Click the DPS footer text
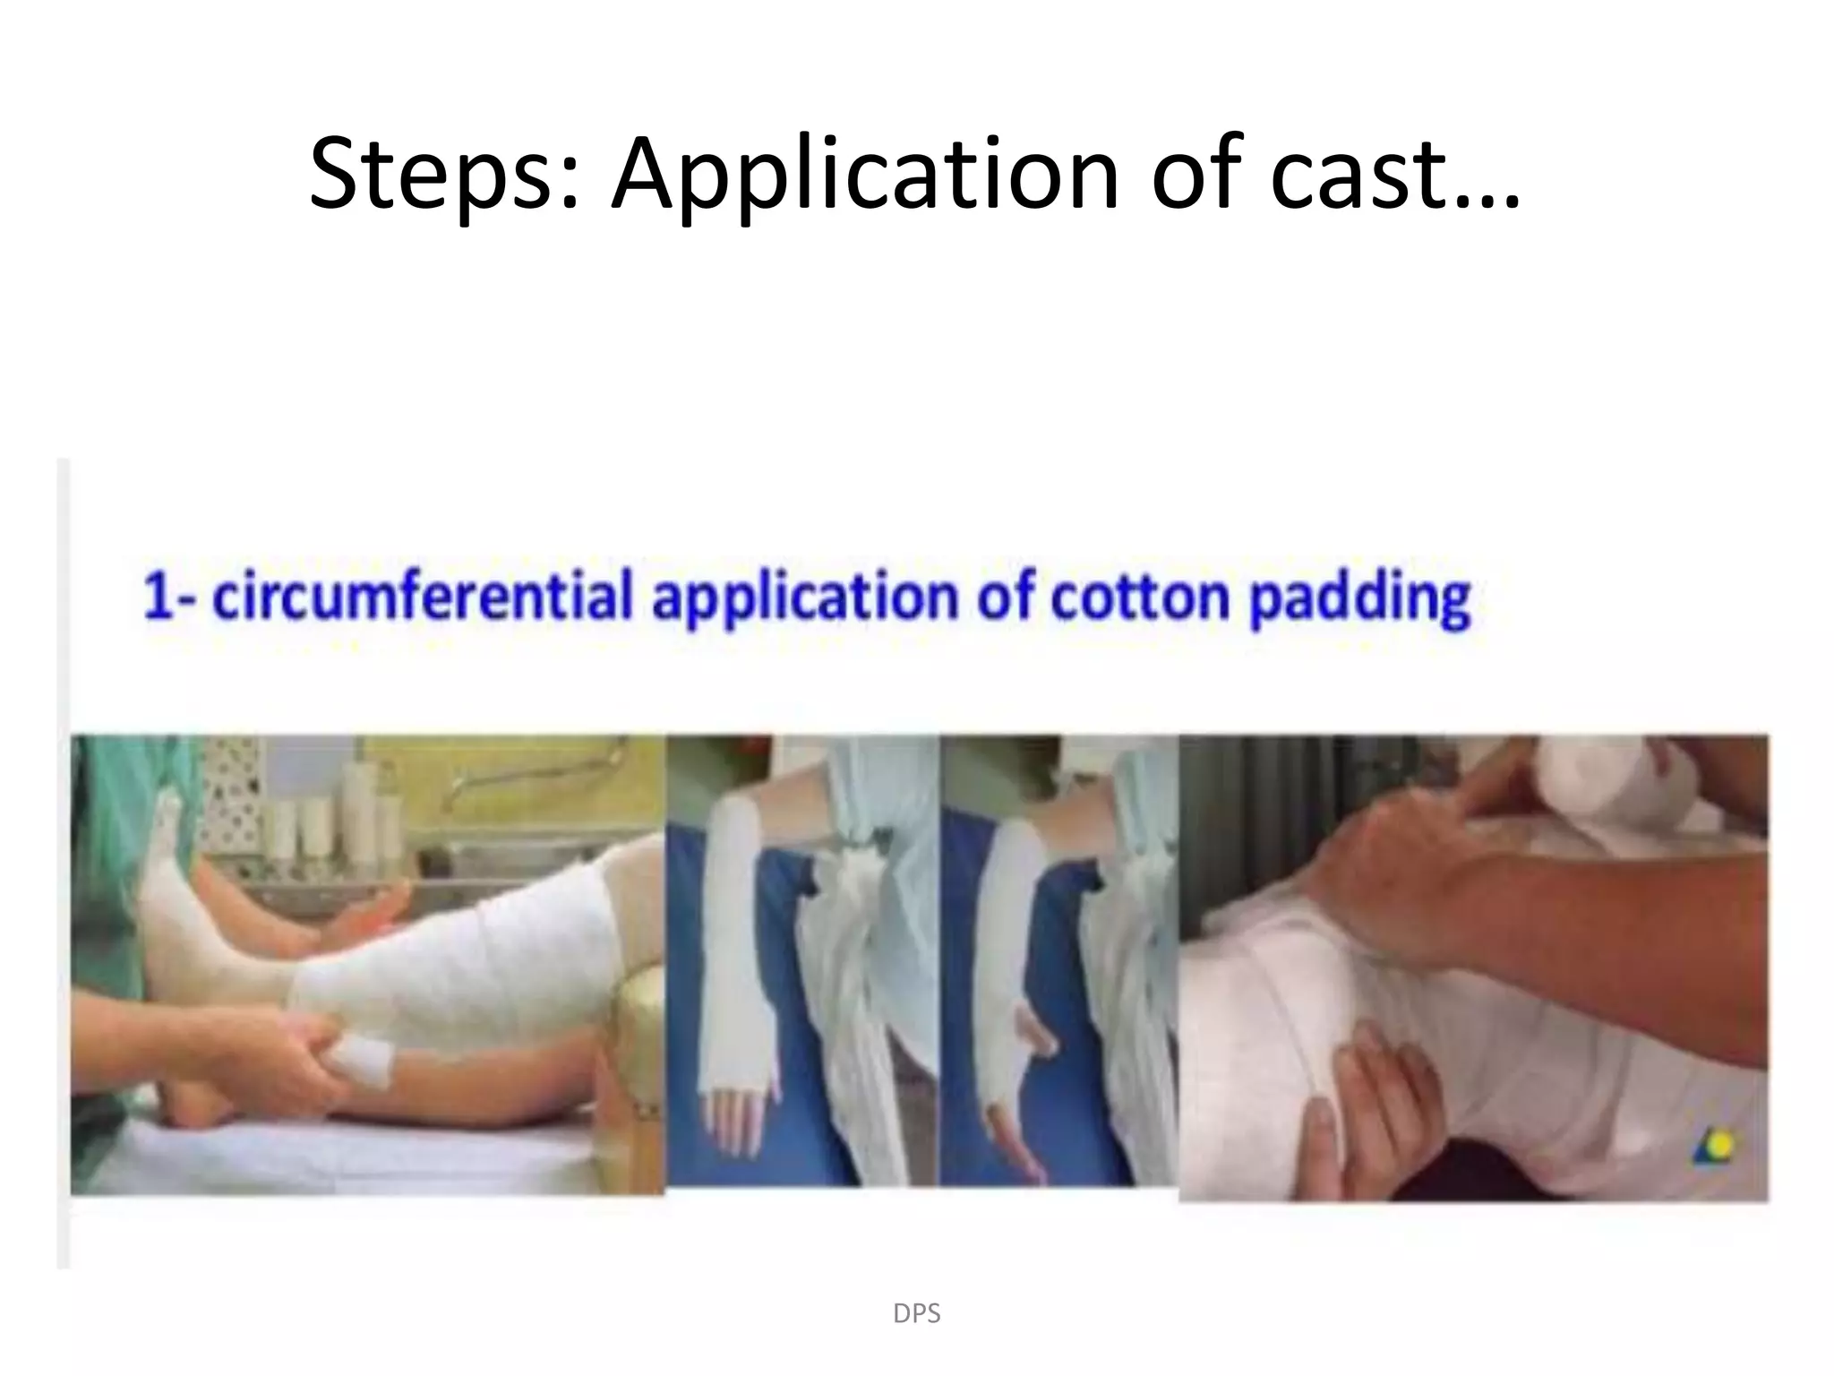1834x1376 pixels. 916,1314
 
